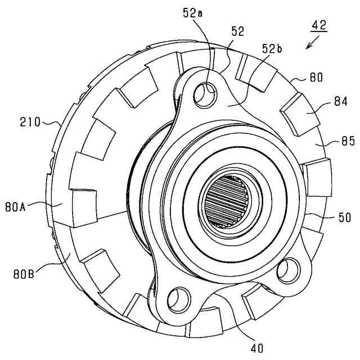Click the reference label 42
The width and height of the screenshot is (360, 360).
(x=319, y=25)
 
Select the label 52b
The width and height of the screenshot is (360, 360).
(x=272, y=49)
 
